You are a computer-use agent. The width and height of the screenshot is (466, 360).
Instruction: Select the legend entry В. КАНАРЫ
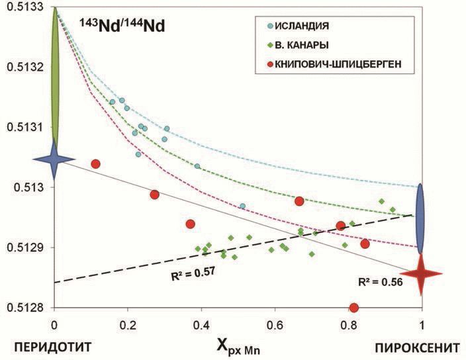click(x=305, y=46)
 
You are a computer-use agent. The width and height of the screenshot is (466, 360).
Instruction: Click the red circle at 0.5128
click(x=353, y=308)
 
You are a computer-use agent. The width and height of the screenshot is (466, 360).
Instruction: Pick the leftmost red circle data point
click(x=95, y=164)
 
